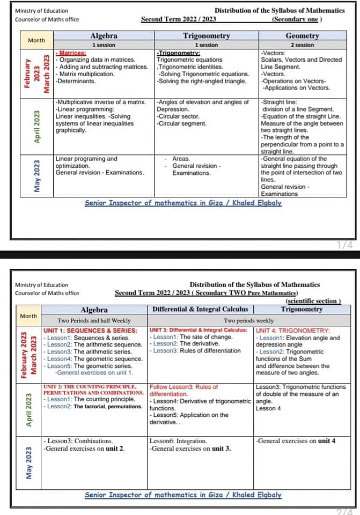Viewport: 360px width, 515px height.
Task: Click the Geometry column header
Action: [302, 36]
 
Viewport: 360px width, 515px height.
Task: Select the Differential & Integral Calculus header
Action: [200, 309]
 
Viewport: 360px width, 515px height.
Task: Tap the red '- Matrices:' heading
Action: [72, 53]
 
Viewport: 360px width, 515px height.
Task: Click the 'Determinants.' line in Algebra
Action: [77, 81]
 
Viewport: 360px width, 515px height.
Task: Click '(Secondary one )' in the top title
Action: [297, 19]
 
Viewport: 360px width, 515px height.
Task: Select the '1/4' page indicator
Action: [345, 245]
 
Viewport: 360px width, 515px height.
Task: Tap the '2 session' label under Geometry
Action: [302, 45]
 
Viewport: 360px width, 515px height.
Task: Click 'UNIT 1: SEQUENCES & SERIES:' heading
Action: [90, 330]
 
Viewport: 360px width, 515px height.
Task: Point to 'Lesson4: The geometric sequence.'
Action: [93, 358]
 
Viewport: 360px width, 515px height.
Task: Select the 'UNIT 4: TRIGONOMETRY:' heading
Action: [293, 330]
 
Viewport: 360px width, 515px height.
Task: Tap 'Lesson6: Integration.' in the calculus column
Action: [178, 441]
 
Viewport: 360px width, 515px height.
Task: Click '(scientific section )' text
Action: [314, 301]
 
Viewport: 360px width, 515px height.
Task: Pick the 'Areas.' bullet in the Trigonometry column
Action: [181, 159]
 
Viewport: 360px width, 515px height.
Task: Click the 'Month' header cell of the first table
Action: [36, 40]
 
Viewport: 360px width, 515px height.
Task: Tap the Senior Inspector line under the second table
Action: [183, 495]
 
